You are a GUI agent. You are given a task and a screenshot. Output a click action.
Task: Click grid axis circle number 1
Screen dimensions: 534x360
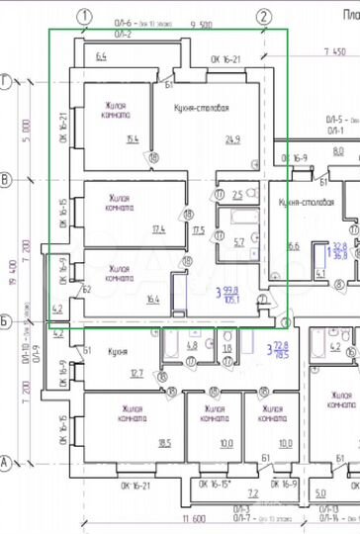coord(86,16)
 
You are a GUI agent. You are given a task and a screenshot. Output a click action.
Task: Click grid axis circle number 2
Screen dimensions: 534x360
coord(264,16)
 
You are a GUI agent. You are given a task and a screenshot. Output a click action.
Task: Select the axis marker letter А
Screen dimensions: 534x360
coord(6,461)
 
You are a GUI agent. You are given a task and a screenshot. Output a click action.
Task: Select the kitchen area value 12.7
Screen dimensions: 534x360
coord(136,373)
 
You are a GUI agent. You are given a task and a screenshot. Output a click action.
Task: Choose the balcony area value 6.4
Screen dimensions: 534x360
coord(102,57)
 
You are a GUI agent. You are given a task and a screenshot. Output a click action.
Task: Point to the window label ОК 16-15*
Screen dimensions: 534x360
coord(214,485)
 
